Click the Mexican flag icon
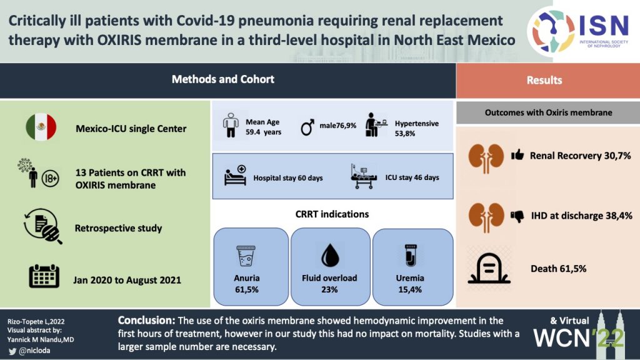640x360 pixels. pos(41,127)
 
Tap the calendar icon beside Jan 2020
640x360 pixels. pos(44,276)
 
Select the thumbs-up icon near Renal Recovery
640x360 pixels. pos(517,155)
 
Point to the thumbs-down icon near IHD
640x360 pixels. pos(517,216)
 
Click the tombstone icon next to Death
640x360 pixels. pos(489,269)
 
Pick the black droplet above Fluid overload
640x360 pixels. pos(330,256)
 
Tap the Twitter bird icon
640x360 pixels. pos(12,351)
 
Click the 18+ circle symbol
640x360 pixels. pos(50,178)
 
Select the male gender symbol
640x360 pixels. pos(307,127)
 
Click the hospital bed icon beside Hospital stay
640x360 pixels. pos(236,176)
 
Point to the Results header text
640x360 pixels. pos(544,80)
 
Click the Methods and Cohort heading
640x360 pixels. pos(223,79)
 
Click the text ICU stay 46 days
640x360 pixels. pos(412,177)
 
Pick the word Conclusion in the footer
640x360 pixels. pos(146,321)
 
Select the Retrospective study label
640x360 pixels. pos(118,228)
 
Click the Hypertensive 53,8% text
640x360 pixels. pos(417,128)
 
